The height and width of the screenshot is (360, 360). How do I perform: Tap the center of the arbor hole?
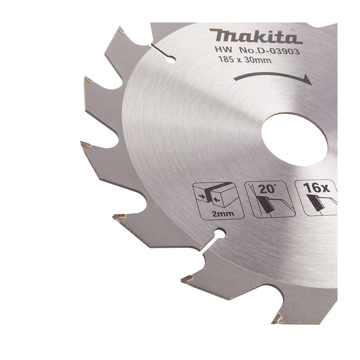pos(294,139)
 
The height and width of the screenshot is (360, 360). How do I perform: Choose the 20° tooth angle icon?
pos(266,197)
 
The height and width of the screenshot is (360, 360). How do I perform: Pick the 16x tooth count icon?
pos(316,197)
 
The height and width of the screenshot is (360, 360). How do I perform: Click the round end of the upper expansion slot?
pos(169,59)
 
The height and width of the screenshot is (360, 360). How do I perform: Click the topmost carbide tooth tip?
pos(120,31)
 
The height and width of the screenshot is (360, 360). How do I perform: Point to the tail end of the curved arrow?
pos(234,79)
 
